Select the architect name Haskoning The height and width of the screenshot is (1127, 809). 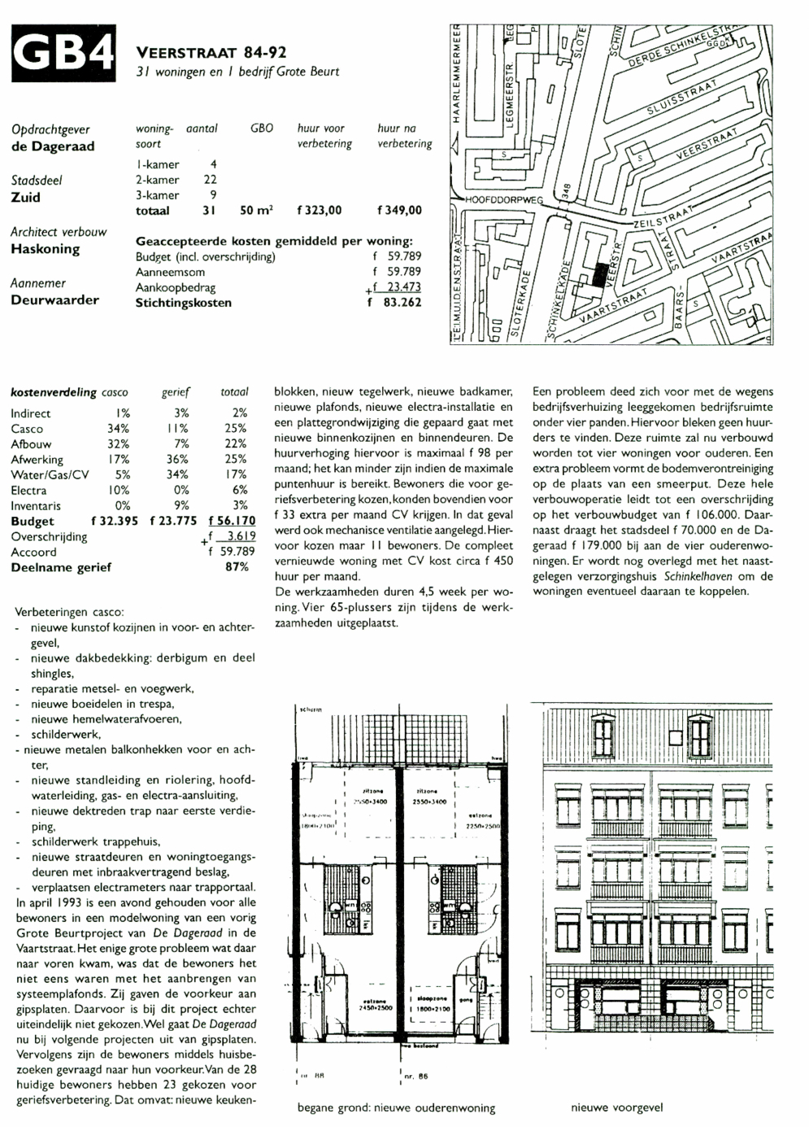[45, 249]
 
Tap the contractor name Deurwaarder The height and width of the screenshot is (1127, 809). [54, 299]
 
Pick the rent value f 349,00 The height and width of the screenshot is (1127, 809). [400, 210]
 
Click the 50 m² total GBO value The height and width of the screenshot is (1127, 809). [256, 210]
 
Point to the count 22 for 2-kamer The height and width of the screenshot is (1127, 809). [210, 180]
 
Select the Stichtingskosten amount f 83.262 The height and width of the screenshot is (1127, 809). [395, 303]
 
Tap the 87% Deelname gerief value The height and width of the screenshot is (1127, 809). [237, 567]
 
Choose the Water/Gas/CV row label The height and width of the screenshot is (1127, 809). [50, 474]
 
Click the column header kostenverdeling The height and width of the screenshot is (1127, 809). [54, 392]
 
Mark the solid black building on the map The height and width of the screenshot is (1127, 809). [598, 277]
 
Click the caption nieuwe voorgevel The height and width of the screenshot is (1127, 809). [616, 1107]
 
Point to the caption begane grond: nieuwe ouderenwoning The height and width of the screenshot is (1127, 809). [396, 1107]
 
